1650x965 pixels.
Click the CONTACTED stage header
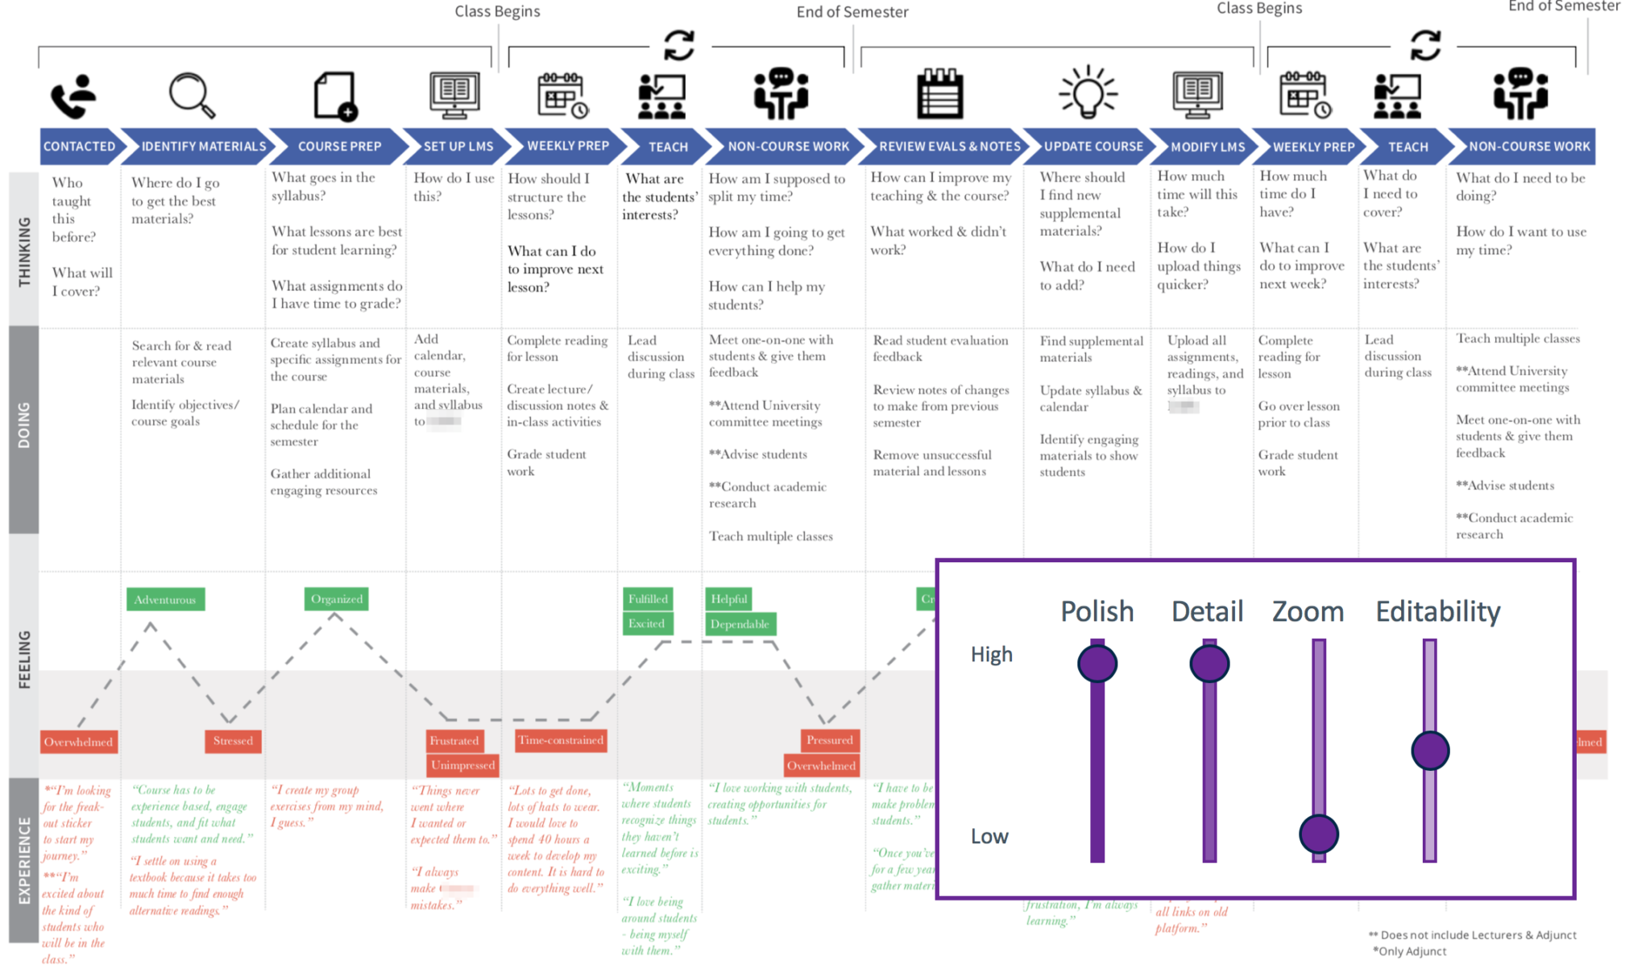(79, 147)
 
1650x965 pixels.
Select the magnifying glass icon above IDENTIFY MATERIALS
(192, 95)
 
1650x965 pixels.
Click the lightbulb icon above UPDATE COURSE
(1088, 92)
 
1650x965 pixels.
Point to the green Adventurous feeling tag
(165, 599)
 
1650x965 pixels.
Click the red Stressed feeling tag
(233, 741)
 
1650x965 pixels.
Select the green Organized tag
(337, 599)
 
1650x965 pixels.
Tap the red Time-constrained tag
(561, 740)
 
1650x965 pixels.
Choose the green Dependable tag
(740, 624)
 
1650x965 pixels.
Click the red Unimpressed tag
(462, 765)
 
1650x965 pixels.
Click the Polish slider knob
(1097, 664)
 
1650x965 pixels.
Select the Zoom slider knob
(1319, 834)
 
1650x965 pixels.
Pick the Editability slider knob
(1430, 751)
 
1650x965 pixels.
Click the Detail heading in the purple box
(1207, 611)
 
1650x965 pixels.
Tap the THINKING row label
(24, 250)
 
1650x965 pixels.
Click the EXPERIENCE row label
(24, 860)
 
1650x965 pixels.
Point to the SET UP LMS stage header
(458, 147)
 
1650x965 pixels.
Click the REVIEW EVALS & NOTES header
(949, 147)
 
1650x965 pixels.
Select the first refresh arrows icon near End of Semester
(679, 45)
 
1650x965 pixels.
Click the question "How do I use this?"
(454, 187)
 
